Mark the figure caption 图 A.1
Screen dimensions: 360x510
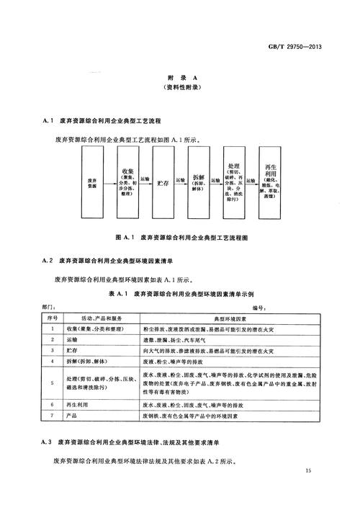click(180, 237)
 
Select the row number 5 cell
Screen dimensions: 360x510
click(53, 382)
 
